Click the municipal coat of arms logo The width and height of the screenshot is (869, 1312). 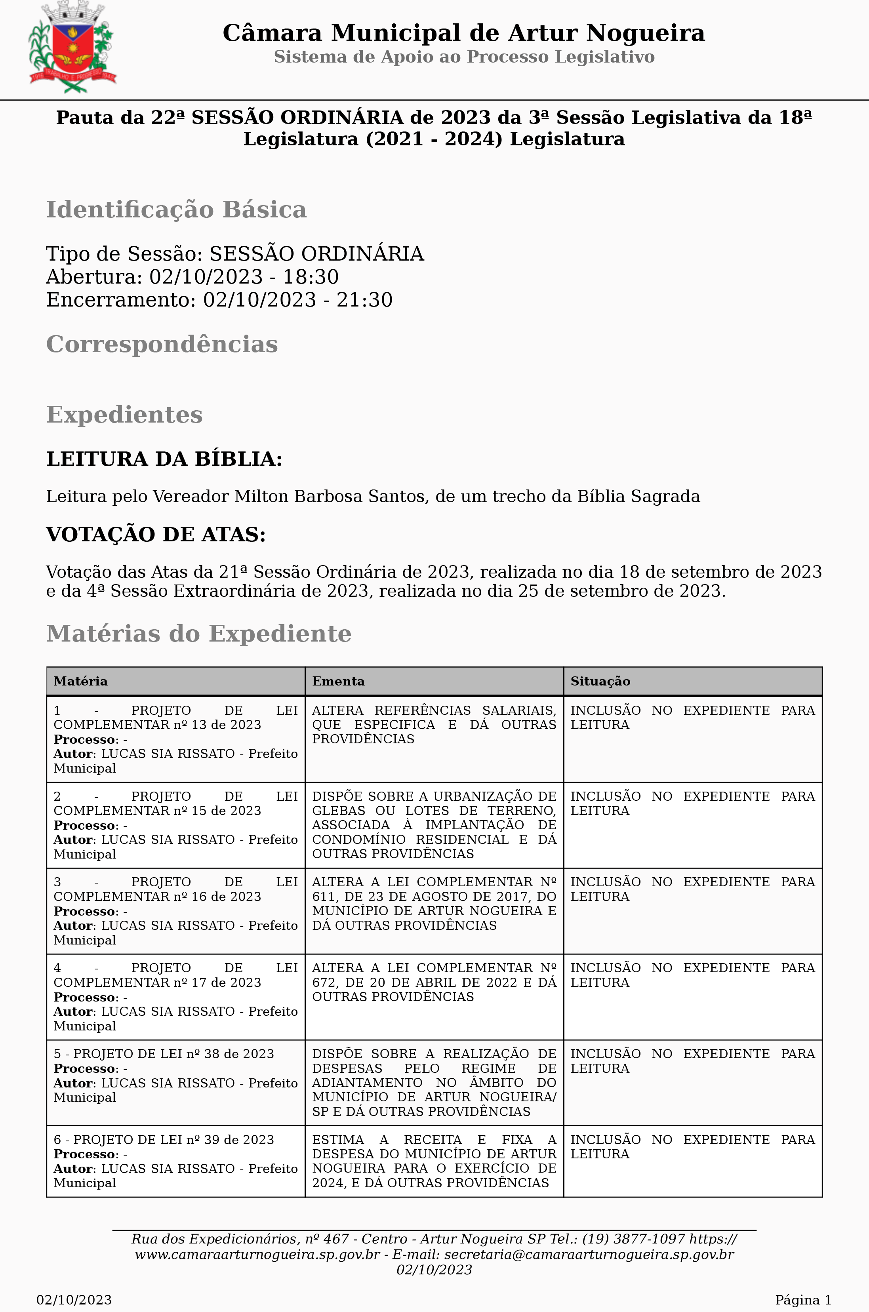(x=72, y=48)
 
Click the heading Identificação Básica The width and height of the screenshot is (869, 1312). (x=176, y=210)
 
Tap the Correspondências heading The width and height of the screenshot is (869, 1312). (x=162, y=344)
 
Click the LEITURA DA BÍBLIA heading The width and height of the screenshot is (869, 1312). (x=164, y=459)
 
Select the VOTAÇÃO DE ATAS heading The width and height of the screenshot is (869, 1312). (x=156, y=535)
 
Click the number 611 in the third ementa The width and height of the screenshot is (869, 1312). (x=324, y=897)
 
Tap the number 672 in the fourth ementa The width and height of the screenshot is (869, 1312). (x=324, y=983)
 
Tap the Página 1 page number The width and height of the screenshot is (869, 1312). (x=803, y=1300)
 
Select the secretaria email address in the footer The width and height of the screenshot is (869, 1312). (x=589, y=1254)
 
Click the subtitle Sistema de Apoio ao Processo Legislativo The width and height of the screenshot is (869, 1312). (x=464, y=57)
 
